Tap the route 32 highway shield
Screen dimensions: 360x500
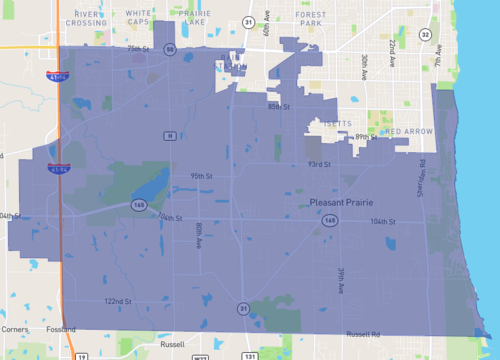425,34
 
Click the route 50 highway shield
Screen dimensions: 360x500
171,49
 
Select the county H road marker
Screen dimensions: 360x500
171,136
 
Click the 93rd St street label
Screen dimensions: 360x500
319,165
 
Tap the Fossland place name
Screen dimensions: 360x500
61,329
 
